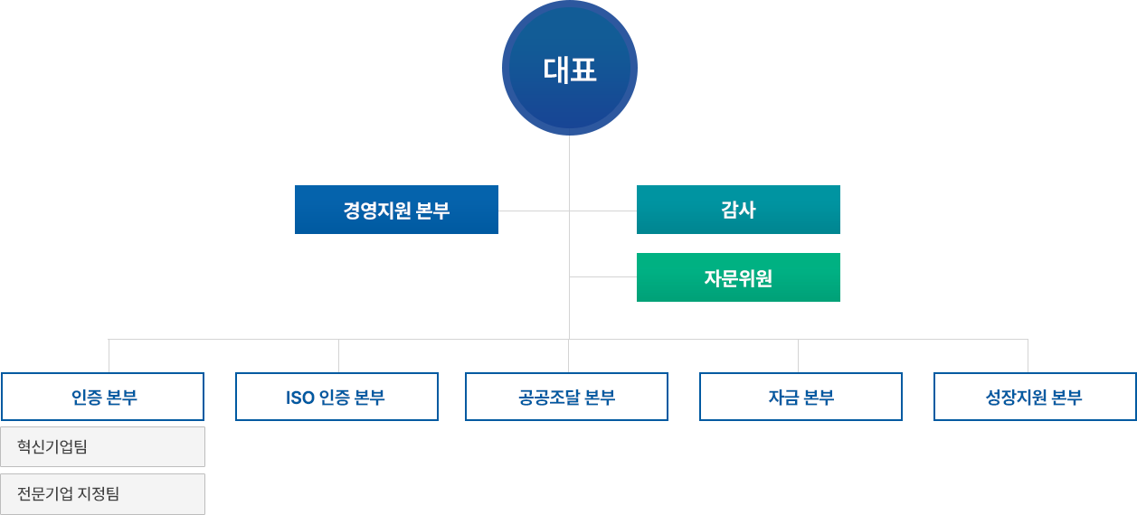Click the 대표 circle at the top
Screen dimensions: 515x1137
point(570,70)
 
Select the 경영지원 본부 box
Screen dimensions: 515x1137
point(396,210)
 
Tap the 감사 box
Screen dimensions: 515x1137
point(738,210)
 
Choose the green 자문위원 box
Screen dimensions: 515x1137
point(738,277)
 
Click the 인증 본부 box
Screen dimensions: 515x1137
point(104,397)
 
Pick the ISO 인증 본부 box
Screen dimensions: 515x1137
point(336,397)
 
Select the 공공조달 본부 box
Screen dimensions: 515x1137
point(567,397)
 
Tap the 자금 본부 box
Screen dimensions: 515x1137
point(801,397)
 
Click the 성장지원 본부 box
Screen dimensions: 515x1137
point(1034,397)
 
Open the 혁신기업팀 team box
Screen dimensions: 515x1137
point(103,446)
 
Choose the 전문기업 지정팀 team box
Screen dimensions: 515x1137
point(103,494)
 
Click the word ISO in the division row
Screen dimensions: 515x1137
point(299,397)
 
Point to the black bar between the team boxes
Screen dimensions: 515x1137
point(72,470)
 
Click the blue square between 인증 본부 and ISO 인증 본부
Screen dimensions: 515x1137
point(220,397)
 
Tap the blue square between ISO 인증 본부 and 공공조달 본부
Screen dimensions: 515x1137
point(451,397)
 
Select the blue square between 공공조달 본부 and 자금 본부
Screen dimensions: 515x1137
point(684,397)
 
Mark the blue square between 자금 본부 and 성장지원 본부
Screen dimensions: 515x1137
point(918,397)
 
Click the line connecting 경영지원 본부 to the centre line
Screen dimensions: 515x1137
point(534,210)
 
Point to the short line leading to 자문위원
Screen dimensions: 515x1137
point(603,276)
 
